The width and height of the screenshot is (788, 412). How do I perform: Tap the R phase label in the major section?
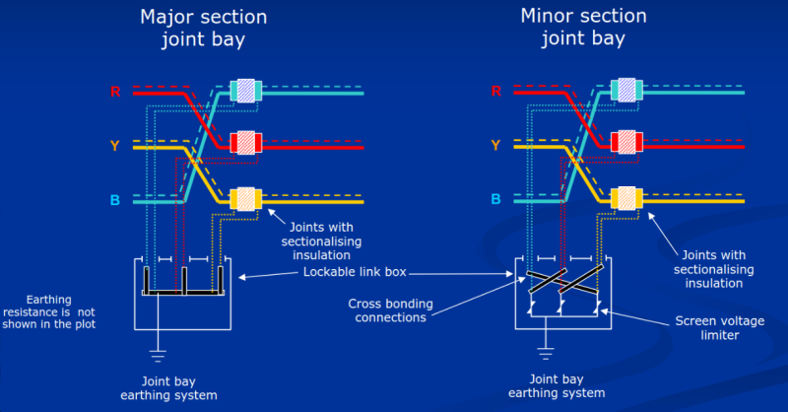[x=115, y=93]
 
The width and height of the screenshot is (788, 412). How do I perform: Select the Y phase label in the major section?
[x=115, y=147]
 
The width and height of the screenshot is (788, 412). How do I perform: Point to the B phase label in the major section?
[x=115, y=201]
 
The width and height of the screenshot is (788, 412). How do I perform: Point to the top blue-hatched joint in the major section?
[x=243, y=90]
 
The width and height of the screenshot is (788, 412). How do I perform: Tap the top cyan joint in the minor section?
[x=625, y=90]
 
